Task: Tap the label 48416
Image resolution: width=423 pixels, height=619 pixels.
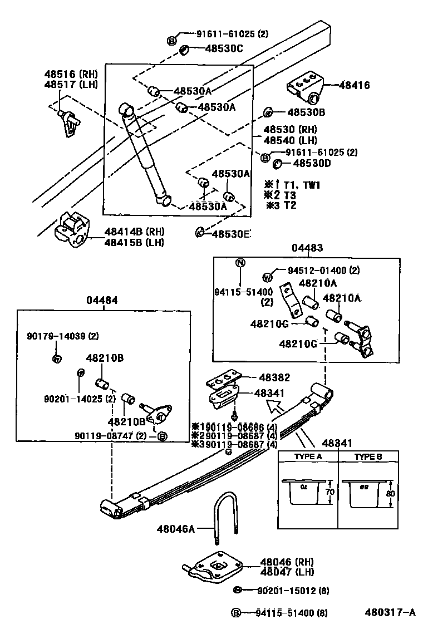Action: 354,85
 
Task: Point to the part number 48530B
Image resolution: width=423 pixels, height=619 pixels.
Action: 306,112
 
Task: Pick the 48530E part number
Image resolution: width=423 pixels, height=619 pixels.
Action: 230,233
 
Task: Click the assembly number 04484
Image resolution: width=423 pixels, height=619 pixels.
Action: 102,300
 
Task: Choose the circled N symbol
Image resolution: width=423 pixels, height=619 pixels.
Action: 240,263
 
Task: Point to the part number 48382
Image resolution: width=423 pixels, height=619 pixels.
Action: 272,377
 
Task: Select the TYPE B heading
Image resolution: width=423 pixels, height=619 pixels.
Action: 368,456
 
